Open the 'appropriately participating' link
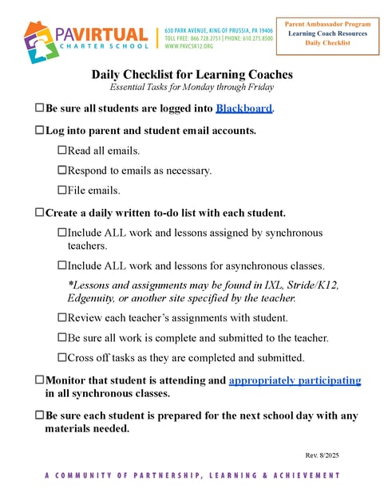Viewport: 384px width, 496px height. pyautogui.click(x=295, y=381)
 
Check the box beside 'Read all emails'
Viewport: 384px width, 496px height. pyautogui.click(x=62, y=150)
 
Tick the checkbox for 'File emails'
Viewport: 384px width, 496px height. pyautogui.click(x=62, y=190)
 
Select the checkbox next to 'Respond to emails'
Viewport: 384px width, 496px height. pyautogui.click(x=62, y=170)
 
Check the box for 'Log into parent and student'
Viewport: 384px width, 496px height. pyautogui.click(x=40, y=129)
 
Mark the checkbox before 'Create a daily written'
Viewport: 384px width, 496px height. pyautogui.click(x=40, y=213)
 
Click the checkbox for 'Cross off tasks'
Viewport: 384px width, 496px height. pyautogui.click(x=62, y=357)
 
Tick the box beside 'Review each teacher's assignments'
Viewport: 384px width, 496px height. pyautogui.click(x=62, y=317)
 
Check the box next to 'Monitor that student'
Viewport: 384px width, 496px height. pyautogui.click(x=40, y=381)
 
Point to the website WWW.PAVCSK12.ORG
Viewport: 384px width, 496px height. pyautogui.click(x=189, y=47)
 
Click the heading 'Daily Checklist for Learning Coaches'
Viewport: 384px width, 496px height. pyautogui.click(x=192, y=75)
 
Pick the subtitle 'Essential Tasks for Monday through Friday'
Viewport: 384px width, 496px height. pyautogui.click(x=192, y=87)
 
